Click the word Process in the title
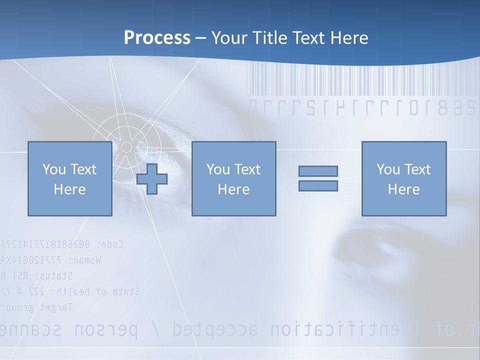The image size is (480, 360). (157, 38)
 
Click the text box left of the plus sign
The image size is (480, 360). (69, 179)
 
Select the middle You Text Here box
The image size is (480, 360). (233, 179)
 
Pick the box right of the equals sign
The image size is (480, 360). (403, 179)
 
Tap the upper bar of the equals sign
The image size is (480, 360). (318, 171)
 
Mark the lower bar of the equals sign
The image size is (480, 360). (318, 186)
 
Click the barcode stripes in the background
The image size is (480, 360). (360, 80)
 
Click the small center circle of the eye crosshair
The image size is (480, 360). (126, 146)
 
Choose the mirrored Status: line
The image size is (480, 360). (37, 275)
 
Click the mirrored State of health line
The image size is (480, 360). (70, 291)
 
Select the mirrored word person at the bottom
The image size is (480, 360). (105, 330)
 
